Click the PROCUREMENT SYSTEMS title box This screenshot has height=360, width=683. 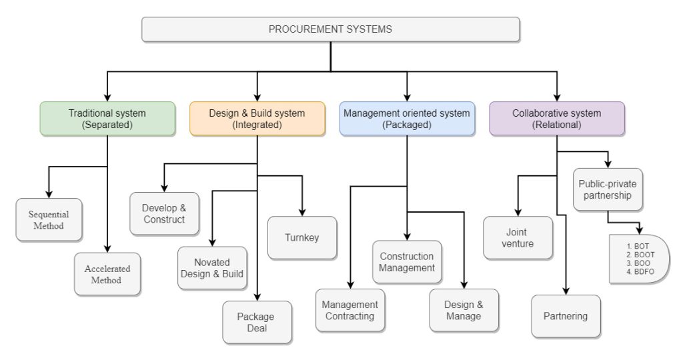point(330,29)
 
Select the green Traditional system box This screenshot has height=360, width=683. point(107,119)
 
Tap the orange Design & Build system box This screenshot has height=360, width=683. point(257,119)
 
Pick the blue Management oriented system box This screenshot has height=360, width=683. point(406,119)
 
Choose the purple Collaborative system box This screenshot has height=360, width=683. point(556,119)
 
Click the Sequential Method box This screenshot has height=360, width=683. point(50,219)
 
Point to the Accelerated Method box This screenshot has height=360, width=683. point(107,274)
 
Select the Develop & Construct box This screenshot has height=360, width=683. point(163,213)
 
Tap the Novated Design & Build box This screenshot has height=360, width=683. point(212,268)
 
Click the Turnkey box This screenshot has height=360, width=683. point(301,237)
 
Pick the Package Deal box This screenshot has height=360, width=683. point(257,322)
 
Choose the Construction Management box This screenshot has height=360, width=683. point(407,261)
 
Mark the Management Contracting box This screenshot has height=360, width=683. point(350,310)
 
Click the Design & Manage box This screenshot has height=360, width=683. point(464,310)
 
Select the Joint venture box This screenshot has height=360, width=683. point(518,237)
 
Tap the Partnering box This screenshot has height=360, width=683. point(566,316)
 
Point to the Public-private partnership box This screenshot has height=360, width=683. point(607,189)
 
